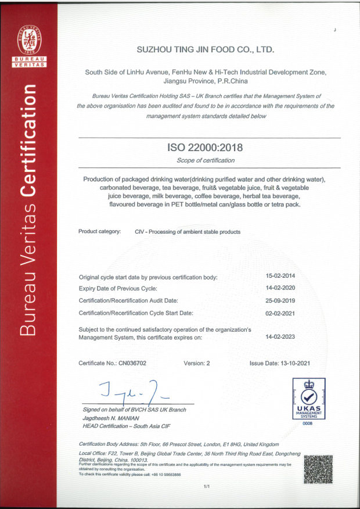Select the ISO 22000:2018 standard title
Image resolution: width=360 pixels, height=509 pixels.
pyautogui.click(x=206, y=149)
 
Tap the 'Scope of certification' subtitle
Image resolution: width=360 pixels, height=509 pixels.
pyautogui.click(x=206, y=160)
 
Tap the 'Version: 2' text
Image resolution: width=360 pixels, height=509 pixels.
pyautogui.click(x=196, y=363)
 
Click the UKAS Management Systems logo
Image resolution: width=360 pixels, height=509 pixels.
pyautogui.click(x=308, y=399)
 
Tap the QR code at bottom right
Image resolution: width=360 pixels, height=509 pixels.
pyautogui.click(x=318, y=469)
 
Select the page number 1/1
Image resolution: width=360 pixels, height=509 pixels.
pyautogui.click(x=206, y=485)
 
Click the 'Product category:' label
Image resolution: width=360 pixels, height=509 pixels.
pyautogui.click(x=100, y=231)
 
